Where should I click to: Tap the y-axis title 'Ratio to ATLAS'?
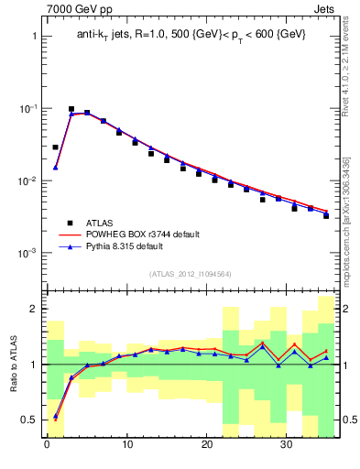click(x=12, y=364)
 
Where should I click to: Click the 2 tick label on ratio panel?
click(x=31, y=310)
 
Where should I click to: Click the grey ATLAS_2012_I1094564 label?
click(x=190, y=273)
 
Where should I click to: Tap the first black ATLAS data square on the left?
click(x=55, y=147)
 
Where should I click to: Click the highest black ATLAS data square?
click(x=71, y=109)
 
